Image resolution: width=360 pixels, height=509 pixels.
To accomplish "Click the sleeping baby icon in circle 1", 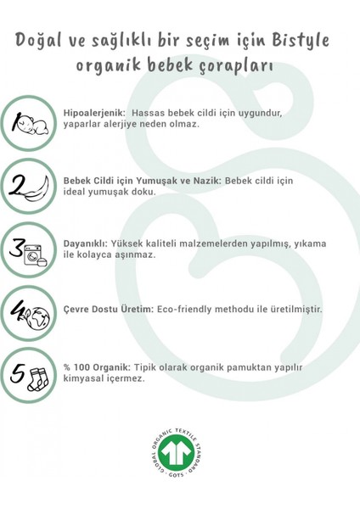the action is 37,124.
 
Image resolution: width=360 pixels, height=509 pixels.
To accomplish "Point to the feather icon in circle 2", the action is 37,187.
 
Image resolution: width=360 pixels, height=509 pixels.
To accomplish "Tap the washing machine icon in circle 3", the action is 38,251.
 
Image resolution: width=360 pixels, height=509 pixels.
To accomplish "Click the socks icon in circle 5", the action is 39,373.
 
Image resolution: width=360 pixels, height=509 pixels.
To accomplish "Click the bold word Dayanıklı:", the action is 87,243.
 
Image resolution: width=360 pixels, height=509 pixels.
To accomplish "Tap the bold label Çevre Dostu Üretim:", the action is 108,310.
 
